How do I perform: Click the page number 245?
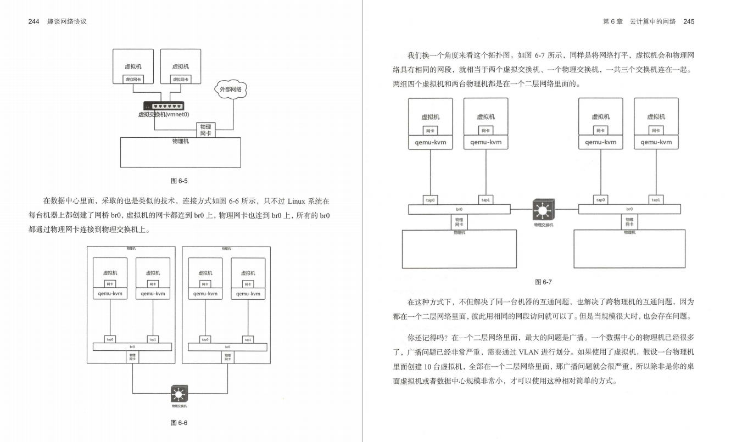(689, 21)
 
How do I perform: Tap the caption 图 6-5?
(181, 180)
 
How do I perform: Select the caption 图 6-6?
(180, 423)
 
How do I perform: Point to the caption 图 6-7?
(543, 282)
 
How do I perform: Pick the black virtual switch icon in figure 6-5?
(164, 106)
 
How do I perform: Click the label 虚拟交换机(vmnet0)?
(164, 115)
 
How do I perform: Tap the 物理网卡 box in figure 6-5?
(205, 130)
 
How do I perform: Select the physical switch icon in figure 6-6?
(180, 394)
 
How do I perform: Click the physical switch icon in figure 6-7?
(543, 210)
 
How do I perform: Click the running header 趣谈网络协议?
(68, 21)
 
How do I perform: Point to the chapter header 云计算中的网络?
(652, 21)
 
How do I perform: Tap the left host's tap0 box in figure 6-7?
(430, 200)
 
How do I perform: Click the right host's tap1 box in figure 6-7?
(656, 200)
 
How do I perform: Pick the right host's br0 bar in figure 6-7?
(629, 209)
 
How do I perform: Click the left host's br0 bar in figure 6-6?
(132, 346)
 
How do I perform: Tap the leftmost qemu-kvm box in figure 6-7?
(430, 142)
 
